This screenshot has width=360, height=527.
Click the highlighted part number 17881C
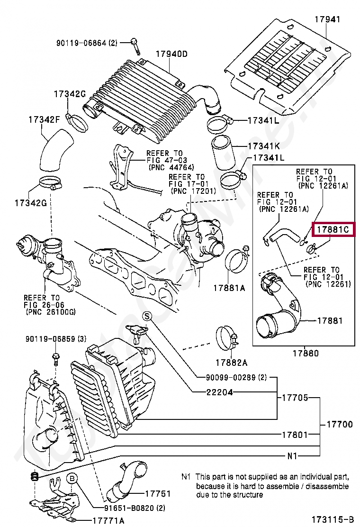pyautogui.click(x=333, y=229)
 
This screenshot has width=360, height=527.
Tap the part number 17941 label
pyautogui.click(x=327, y=19)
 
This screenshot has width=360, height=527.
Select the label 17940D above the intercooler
pyautogui.click(x=171, y=54)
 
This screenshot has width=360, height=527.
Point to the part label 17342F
pyautogui.click(x=45, y=119)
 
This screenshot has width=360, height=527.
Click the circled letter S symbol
pyautogui.click(x=147, y=316)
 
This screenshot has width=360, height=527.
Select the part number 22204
pyautogui.click(x=219, y=392)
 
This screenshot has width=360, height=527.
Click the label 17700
pyautogui.click(x=340, y=424)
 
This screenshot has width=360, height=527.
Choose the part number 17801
pyautogui.click(x=295, y=435)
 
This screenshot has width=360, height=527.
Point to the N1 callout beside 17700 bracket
pyautogui.click(x=292, y=456)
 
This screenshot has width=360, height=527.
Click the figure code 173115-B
pyautogui.click(x=333, y=519)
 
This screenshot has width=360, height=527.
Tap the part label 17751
pyautogui.click(x=158, y=493)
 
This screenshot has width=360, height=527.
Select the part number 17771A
pyautogui.click(x=108, y=521)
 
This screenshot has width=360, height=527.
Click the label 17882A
pyautogui.click(x=231, y=362)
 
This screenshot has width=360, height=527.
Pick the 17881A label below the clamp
pyautogui.click(x=229, y=288)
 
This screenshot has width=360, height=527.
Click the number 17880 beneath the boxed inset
pyautogui.click(x=306, y=353)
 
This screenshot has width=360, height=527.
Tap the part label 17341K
pyautogui.click(x=264, y=146)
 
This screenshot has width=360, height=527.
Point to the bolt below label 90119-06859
pyautogui.click(x=55, y=359)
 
